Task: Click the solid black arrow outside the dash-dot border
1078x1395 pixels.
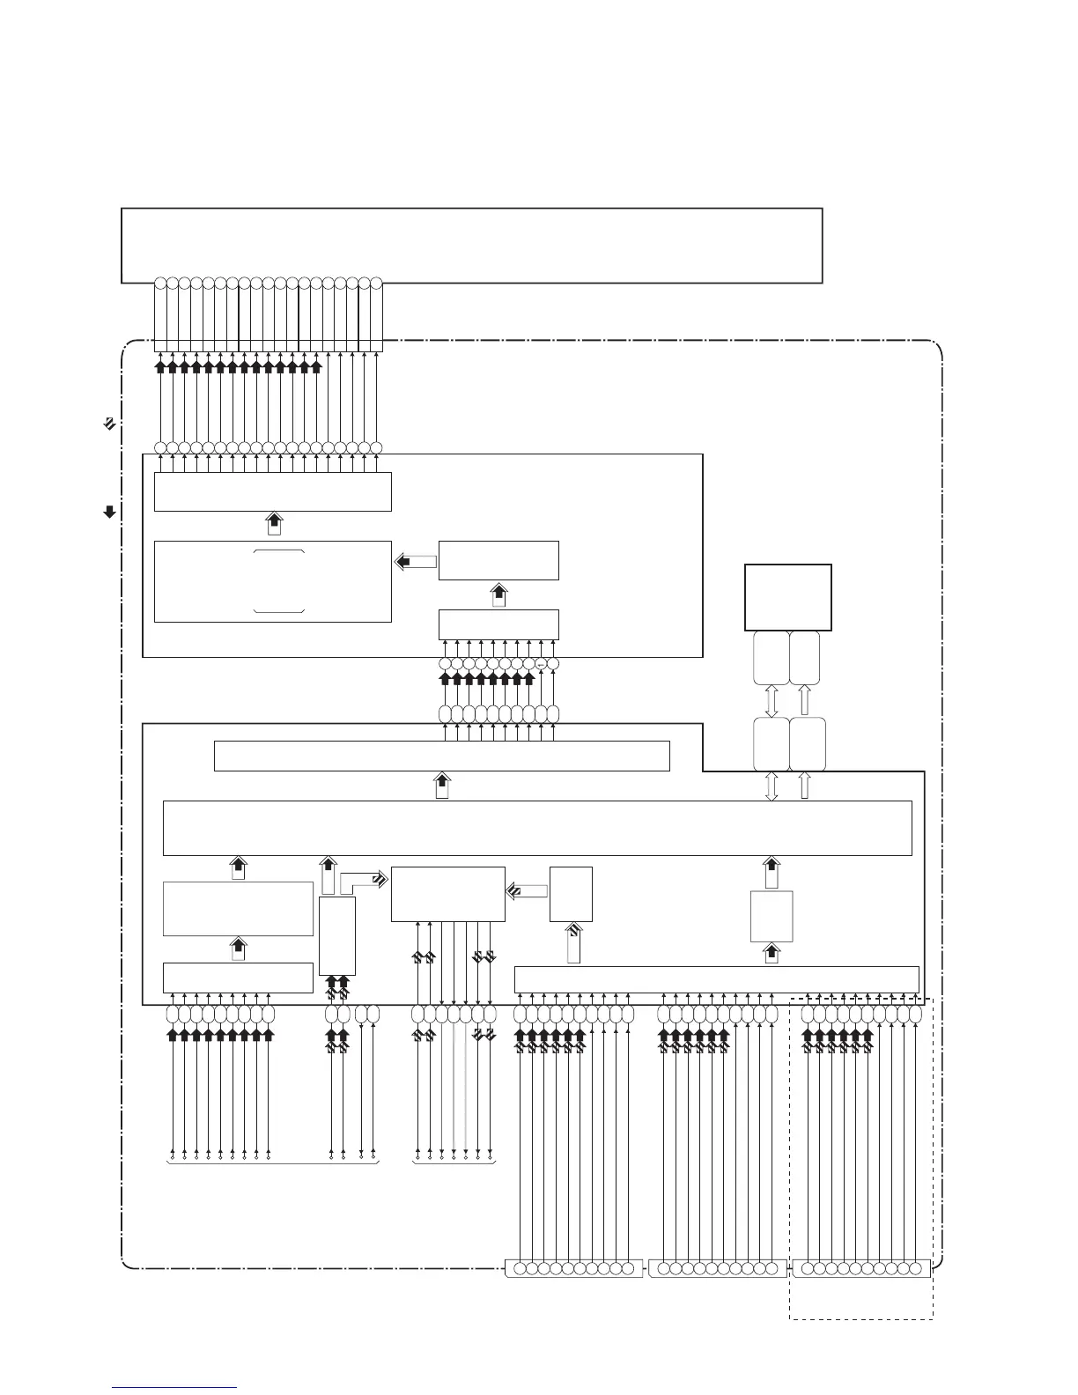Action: point(110,512)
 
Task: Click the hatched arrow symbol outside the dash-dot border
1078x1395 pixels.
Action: point(107,424)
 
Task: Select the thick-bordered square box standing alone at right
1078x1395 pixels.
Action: point(787,597)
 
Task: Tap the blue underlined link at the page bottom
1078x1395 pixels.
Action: point(174,1387)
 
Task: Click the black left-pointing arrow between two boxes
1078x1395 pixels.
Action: point(415,561)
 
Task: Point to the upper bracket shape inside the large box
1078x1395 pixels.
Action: point(279,551)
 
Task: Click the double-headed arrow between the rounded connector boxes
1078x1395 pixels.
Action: point(771,701)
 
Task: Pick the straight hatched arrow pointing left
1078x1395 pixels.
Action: point(527,892)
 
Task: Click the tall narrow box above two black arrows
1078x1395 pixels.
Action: point(337,935)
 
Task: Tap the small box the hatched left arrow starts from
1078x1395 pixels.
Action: point(571,894)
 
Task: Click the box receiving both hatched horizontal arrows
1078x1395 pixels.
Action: point(447,894)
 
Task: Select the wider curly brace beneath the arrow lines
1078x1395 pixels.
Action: point(272,1164)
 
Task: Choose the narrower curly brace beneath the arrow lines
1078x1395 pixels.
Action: point(454,1164)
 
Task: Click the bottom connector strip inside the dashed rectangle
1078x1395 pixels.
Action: point(861,1269)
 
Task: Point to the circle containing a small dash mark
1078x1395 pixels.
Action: point(541,663)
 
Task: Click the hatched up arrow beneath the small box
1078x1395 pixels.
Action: point(573,942)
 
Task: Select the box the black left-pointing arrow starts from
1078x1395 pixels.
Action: point(498,560)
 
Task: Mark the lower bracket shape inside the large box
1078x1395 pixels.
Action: point(279,609)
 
